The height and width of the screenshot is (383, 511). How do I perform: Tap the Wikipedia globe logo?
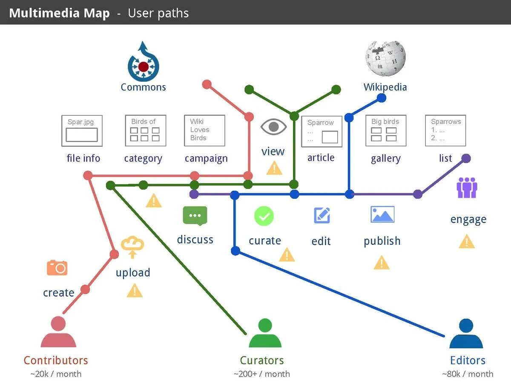[385, 58]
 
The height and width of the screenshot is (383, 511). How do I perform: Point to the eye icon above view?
[273, 126]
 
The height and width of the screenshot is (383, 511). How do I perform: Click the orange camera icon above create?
[57, 268]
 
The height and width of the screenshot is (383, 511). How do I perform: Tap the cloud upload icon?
[132, 247]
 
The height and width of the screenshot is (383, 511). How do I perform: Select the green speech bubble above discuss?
[195, 215]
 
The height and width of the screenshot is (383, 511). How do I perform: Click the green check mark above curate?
[264, 216]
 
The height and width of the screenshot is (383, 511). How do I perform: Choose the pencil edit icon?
[322, 215]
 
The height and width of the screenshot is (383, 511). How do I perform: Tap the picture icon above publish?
[382, 214]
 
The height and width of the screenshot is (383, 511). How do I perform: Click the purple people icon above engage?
[467, 188]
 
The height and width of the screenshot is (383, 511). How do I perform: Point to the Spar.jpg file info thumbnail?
[82, 130]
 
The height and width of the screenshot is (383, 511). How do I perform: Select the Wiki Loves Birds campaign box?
[204, 130]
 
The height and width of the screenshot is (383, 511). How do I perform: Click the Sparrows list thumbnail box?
[445, 130]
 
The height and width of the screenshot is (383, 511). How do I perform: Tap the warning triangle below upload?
[135, 291]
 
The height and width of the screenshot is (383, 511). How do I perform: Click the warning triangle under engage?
[467, 242]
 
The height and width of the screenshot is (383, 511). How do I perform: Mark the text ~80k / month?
[468, 374]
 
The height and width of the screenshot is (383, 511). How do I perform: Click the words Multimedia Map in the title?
[59, 13]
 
